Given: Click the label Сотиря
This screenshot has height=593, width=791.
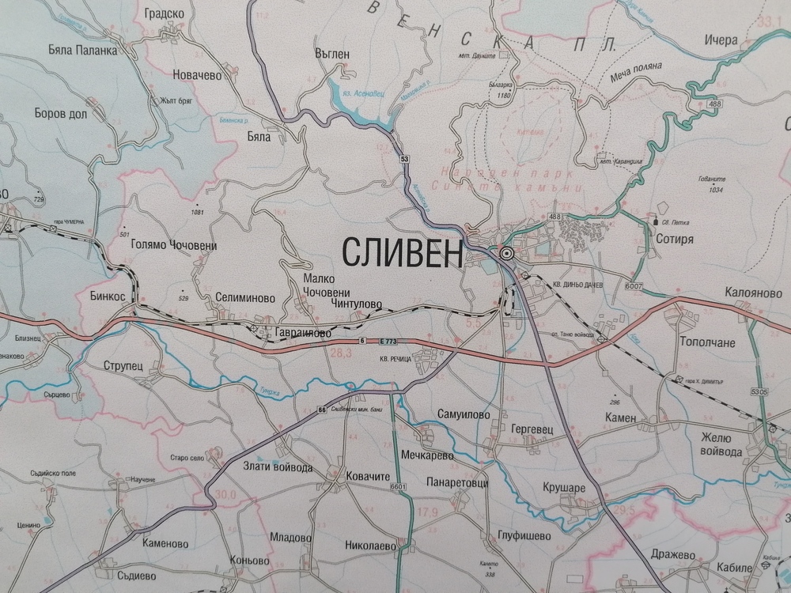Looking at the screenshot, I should tap(675, 237).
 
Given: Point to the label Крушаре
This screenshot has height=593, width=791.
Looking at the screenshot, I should tap(565, 488).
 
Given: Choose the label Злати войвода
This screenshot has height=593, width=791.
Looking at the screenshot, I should tap(274, 468).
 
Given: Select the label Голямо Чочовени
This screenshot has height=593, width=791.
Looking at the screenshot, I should tap(172, 245).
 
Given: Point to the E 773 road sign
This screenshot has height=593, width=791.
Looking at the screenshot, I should tap(388, 341).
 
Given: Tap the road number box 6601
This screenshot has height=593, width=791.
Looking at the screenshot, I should tap(397, 485).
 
